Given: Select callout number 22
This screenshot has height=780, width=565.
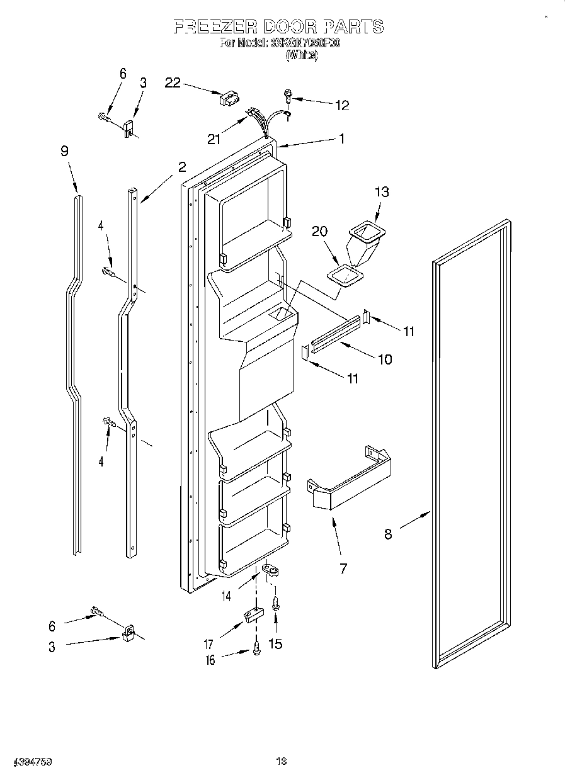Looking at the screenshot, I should [173, 82].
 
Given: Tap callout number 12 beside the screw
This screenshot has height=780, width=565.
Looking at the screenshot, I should [341, 105].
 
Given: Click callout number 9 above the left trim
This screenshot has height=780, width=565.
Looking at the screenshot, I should [64, 151].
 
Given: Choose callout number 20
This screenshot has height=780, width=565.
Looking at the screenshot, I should [320, 232].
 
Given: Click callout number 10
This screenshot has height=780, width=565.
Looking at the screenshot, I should [384, 359].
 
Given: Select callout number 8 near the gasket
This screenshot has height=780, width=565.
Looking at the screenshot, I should [389, 534].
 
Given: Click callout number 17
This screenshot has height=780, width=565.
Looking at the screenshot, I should [208, 644].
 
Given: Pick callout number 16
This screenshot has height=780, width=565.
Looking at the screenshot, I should [210, 660].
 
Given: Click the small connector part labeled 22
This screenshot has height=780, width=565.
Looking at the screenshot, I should [228, 98].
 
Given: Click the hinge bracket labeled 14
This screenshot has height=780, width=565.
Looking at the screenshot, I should [271, 570].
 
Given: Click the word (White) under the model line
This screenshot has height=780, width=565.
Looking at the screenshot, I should [302, 55].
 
